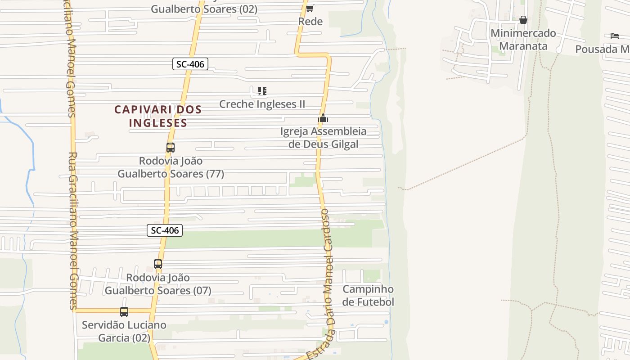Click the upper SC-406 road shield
pyautogui.click(x=190, y=64)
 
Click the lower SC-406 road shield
pyautogui.click(x=165, y=230)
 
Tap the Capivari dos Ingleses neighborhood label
pyautogui.click(x=158, y=116)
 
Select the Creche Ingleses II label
pyautogui.click(x=262, y=104)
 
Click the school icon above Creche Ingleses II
pyautogui.click(x=262, y=91)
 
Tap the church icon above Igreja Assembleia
pyautogui.click(x=323, y=118)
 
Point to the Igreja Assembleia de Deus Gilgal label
pyautogui.click(x=324, y=138)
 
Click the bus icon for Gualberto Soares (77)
pyautogui.click(x=170, y=147)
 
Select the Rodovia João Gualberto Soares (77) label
pyautogui.click(x=171, y=167)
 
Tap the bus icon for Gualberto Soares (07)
pyautogui.click(x=158, y=264)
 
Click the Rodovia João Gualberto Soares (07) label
pyautogui.click(x=158, y=284)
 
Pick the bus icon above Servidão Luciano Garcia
pyautogui.click(x=124, y=311)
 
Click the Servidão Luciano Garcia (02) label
pyautogui.click(x=124, y=331)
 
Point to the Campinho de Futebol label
pyautogui.click(x=368, y=295)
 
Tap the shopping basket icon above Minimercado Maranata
pyautogui.click(x=523, y=20)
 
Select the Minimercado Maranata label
pyautogui.click(x=523, y=40)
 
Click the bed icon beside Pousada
pyautogui.click(x=615, y=36)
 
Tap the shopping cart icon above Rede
pyautogui.click(x=310, y=8)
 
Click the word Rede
pyautogui.click(x=310, y=21)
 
